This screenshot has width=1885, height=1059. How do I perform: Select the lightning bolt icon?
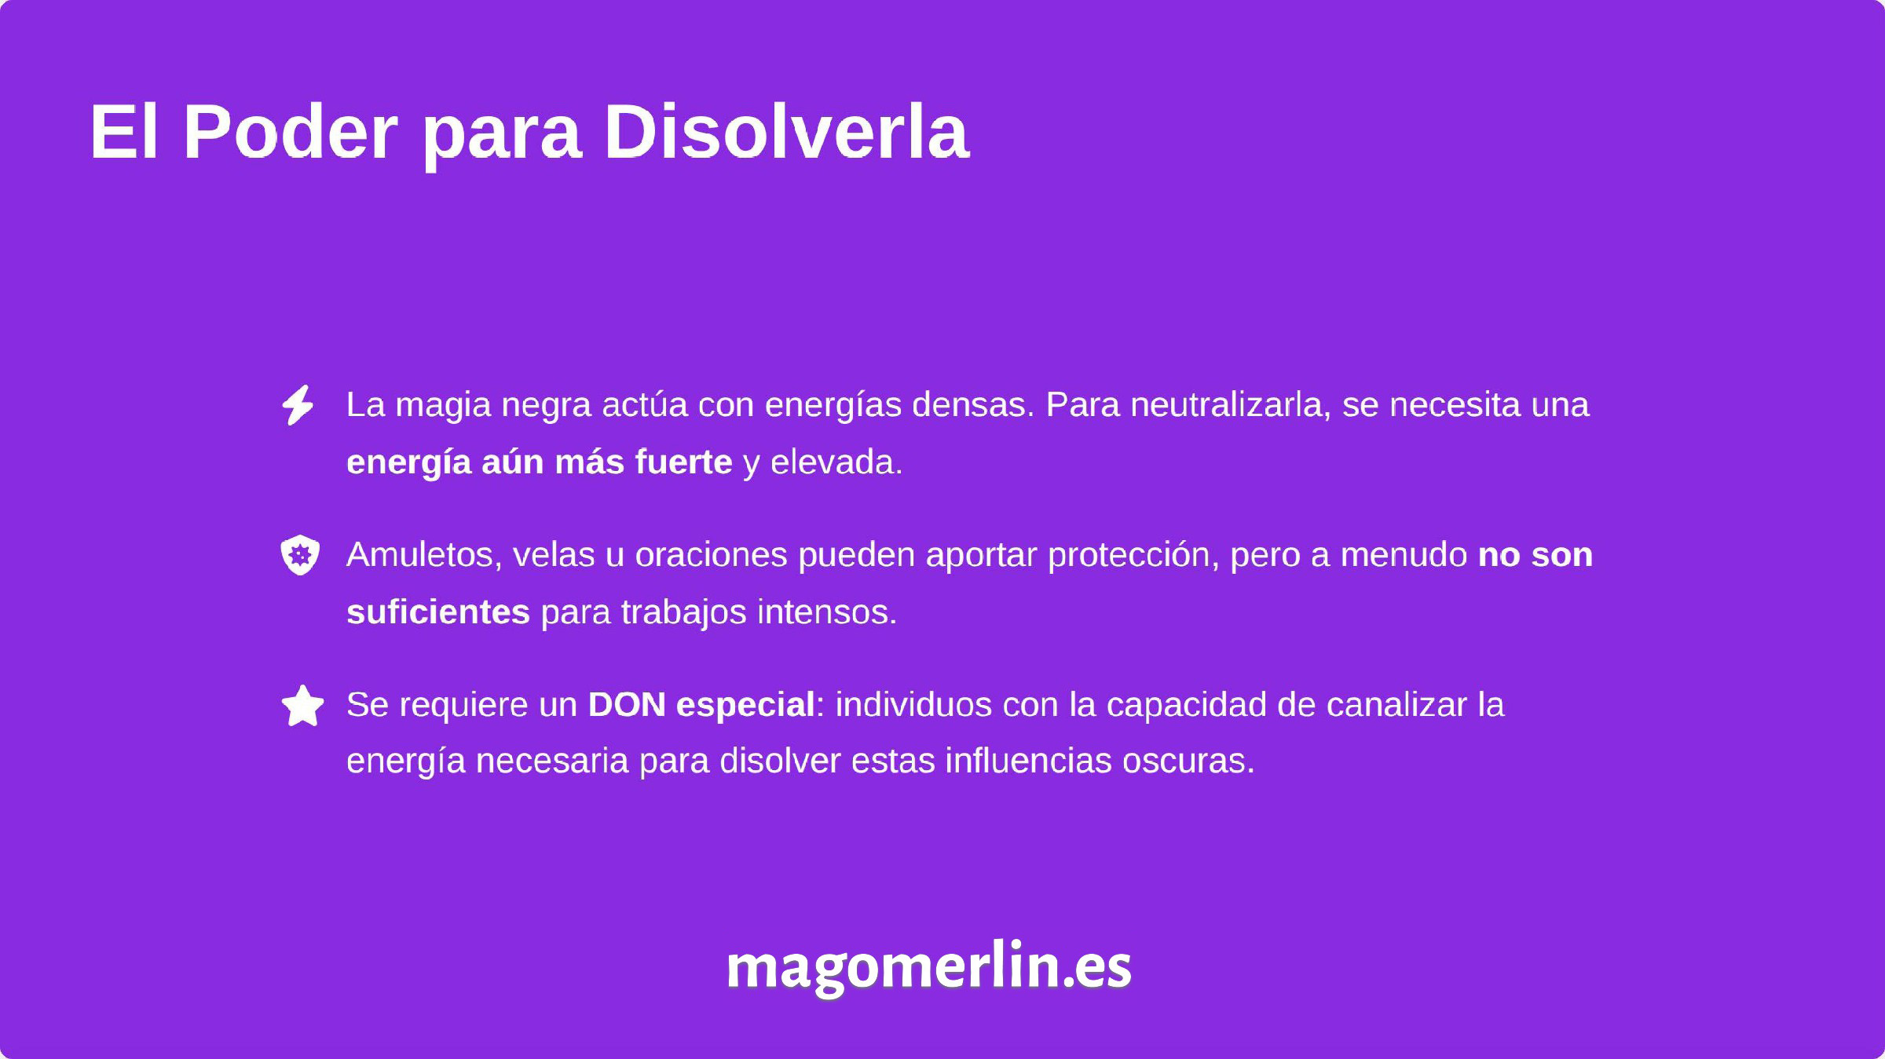[x=298, y=405]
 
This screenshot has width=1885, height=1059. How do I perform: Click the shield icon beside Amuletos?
[x=300, y=555]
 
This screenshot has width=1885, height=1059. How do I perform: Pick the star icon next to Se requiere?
[x=302, y=706]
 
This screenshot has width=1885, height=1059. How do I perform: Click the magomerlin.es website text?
[x=928, y=966]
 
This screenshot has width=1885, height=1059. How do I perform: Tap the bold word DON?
[x=627, y=704]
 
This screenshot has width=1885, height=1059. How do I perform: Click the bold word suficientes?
[x=438, y=612]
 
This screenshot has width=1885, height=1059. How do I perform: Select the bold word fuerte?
[x=683, y=462]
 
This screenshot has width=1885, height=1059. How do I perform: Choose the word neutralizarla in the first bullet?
[x=1230, y=405]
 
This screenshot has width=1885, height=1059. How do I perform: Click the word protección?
[x=1133, y=555]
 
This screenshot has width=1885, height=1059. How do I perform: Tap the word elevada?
[x=836, y=462]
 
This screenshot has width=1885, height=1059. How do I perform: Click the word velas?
[x=554, y=555]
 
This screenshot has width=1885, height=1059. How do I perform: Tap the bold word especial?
[x=745, y=704]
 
